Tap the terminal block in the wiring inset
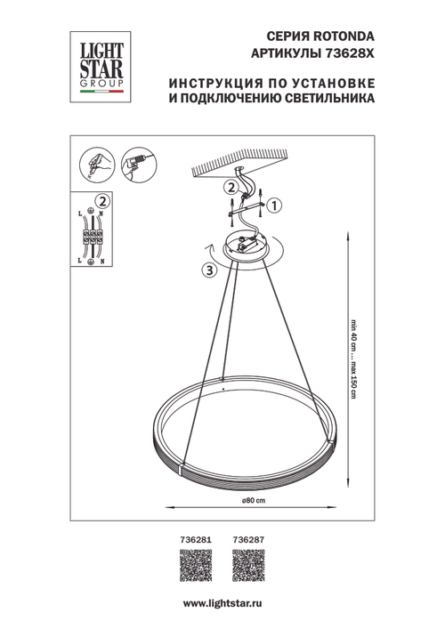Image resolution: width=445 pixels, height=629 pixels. [x=92, y=238]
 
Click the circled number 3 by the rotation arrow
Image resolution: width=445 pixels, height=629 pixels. [x=208, y=271]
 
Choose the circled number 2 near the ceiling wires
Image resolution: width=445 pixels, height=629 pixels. [x=229, y=188]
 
